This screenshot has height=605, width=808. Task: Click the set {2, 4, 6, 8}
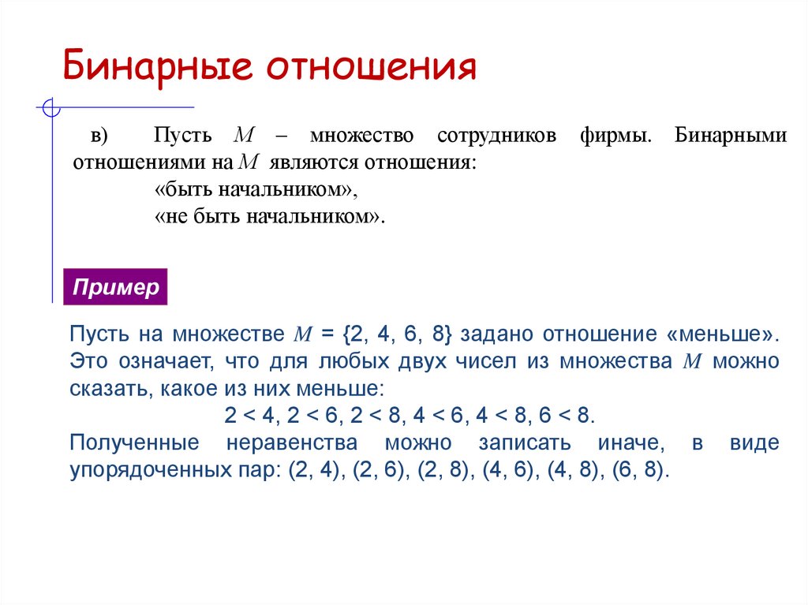[397, 334]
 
